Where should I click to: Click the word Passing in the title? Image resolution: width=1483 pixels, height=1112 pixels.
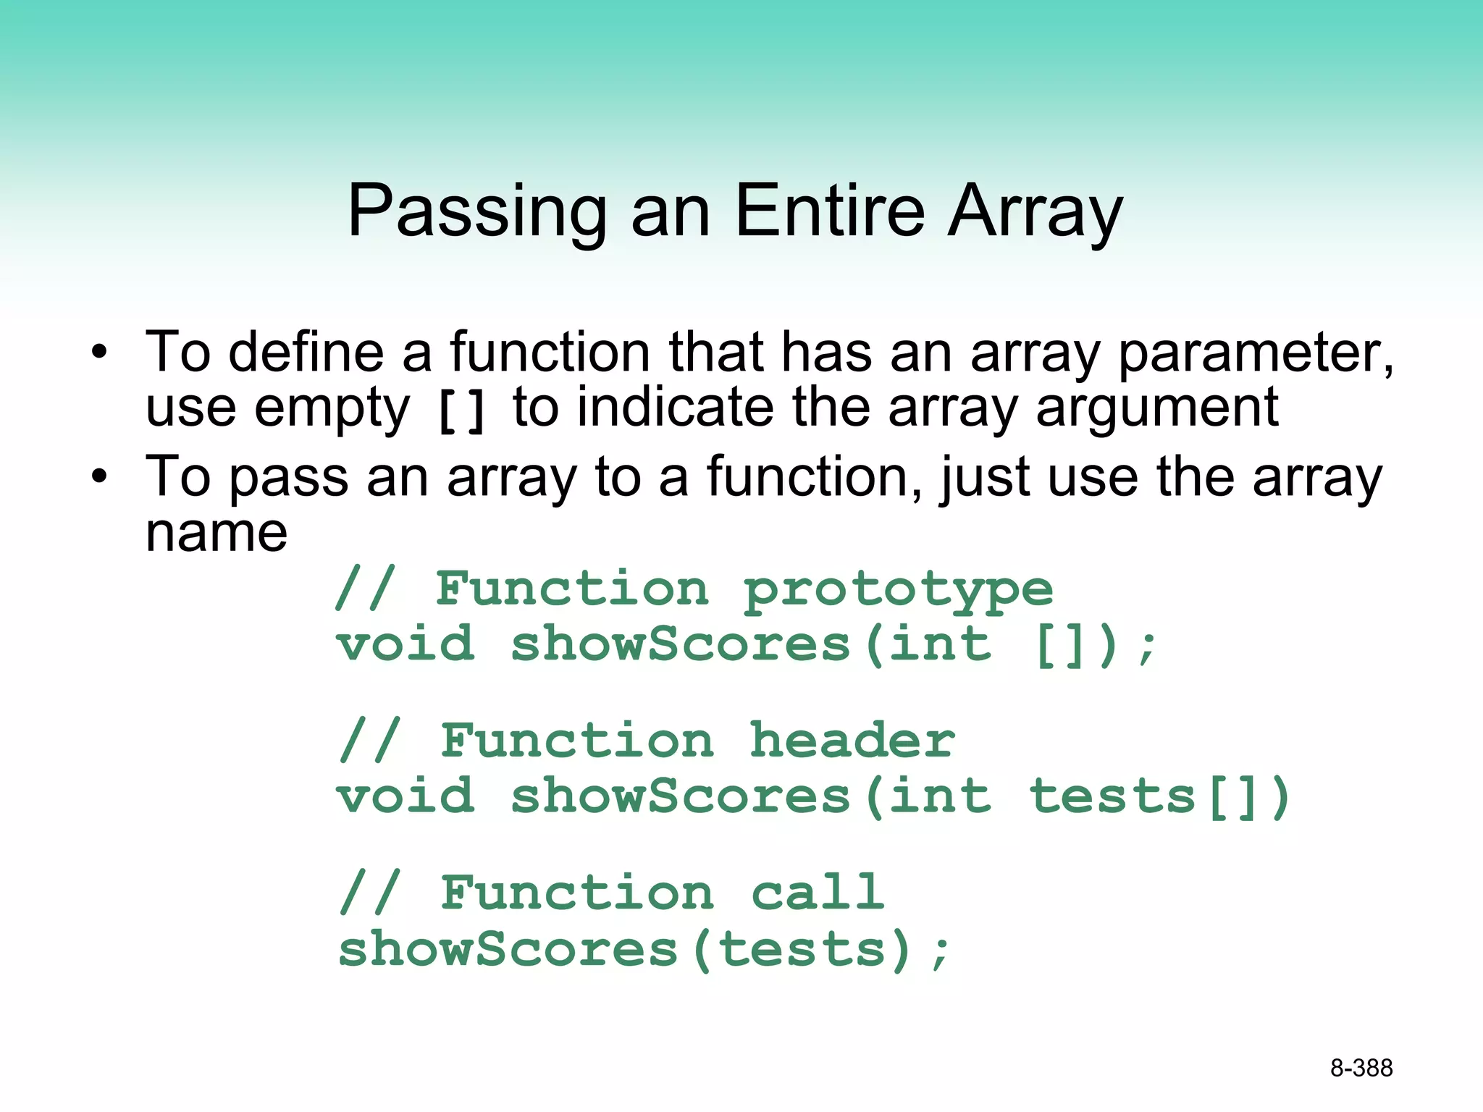476,211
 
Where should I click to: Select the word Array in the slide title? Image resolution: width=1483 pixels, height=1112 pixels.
1035,211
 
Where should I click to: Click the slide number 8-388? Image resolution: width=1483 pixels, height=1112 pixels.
1361,1068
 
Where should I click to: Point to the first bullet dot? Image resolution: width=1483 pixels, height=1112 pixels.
99,353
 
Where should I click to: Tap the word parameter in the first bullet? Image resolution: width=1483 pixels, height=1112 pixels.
1255,353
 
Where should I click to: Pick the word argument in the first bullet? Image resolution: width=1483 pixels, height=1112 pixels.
1156,408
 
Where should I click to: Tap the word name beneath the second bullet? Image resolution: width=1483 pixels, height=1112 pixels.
217,534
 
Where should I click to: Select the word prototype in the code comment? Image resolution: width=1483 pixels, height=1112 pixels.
898,589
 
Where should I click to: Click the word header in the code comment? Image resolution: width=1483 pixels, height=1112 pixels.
852,741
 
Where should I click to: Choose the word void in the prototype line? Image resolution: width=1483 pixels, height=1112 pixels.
406,644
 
